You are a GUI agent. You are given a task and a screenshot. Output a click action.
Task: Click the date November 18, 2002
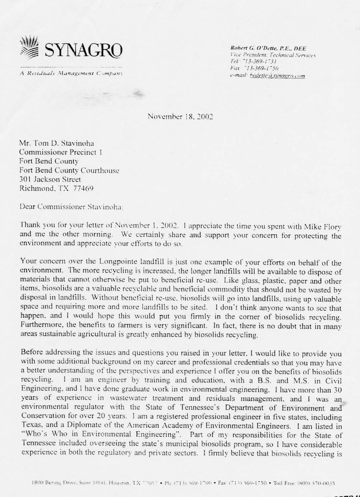click(x=180, y=117)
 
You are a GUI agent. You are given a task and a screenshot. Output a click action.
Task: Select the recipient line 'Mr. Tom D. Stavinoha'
click(x=57, y=143)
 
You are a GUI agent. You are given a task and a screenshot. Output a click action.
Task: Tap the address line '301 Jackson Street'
click(x=50, y=179)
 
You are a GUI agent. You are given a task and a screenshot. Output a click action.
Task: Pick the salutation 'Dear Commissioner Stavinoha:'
click(x=71, y=207)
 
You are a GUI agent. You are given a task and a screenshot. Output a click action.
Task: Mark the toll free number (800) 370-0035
click(x=315, y=483)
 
